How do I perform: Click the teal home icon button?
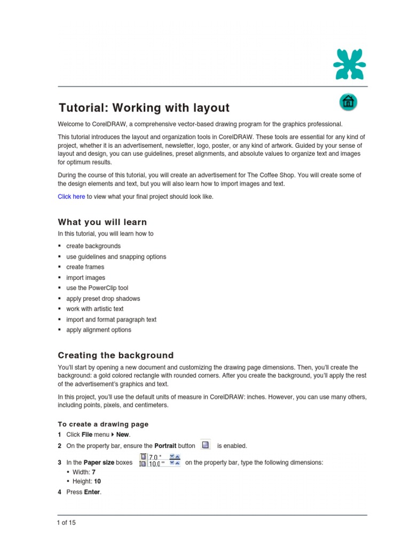pyautogui.click(x=348, y=102)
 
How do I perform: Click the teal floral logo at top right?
pyautogui.click(x=349, y=64)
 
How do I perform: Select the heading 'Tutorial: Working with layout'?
pyautogui.click(x=144, y=108)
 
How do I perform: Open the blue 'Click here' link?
pyautogui.click(x=71, y=197)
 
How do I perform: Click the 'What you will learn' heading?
pyautogui.click(x=102, y=222)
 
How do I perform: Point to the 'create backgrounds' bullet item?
pyautogui.click(x=93, y=246)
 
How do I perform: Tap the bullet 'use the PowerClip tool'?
pyautogui.click(x=97, y=288)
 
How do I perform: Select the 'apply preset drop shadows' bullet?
pyautogui.click(x=103, y=299)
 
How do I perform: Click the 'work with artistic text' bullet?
pyautogui.click(x=94, y=309)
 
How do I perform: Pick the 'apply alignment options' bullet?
pyautogui.click(x=98, y=330)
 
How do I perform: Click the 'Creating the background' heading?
pyautogui.click(x=115, y=355)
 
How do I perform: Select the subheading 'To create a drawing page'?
pyautogui.click(x=103, y=424)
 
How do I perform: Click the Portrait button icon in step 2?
pyautogui.click(x=206, y=445)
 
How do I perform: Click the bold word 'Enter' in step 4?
pyautogui.click(x=92, y=492)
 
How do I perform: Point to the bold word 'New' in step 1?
pyautogui.click(x=122, y=435)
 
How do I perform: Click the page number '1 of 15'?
pyautogui.click(x=67, y=523)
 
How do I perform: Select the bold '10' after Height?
pyautogui.click(x=97, y=481)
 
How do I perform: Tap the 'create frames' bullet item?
pyautogui.click(x=85, y=267)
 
